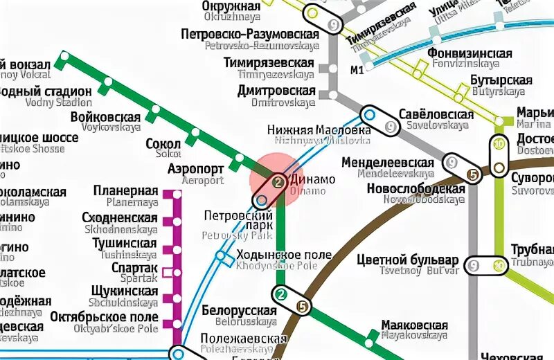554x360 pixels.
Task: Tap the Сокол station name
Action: click(x=163, y=144)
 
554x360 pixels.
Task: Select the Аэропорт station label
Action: click(x=196, y=169)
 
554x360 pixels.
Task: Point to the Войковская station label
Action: click(x=105, y=117)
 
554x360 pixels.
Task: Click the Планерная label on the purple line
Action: click(x=132, y=190)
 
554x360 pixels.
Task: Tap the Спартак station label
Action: click(x=134, y=269)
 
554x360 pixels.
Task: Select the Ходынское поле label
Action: click(x=284, y=255)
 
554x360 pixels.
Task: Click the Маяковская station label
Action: click(x=415, y=325)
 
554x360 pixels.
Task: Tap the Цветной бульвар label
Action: click(x=407, y=260)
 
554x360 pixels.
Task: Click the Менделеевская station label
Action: click(x=395, y=163)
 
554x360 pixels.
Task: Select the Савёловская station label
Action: click(x=436, y=114)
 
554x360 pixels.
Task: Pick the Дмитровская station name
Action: click(x=276, y=91)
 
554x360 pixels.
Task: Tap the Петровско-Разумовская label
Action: click(x=249, y=34)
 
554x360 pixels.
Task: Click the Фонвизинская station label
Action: click(x=470, y=54)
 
